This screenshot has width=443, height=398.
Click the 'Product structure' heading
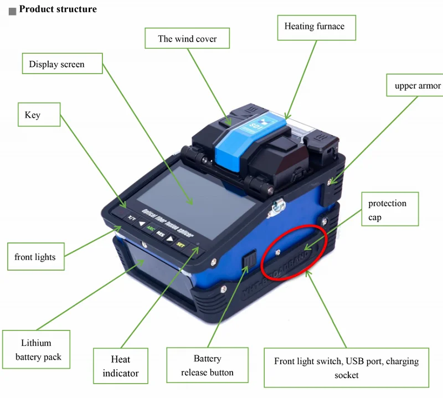point(58,9)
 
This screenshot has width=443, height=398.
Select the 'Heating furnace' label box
point(315,27)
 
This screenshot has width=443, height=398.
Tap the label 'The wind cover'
point(187,39)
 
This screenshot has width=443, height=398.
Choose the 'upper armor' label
point(417,86)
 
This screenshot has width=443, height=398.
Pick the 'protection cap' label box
point(387,210)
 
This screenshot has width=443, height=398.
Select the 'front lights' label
point(35,257)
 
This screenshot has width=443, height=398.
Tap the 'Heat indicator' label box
point(120,366)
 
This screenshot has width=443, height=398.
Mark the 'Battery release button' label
point(207,366)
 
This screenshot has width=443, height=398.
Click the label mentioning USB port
point(346,368)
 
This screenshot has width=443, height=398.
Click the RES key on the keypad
point(161,234)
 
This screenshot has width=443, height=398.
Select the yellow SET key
point(180,244)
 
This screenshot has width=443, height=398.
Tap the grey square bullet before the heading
point(13,11)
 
